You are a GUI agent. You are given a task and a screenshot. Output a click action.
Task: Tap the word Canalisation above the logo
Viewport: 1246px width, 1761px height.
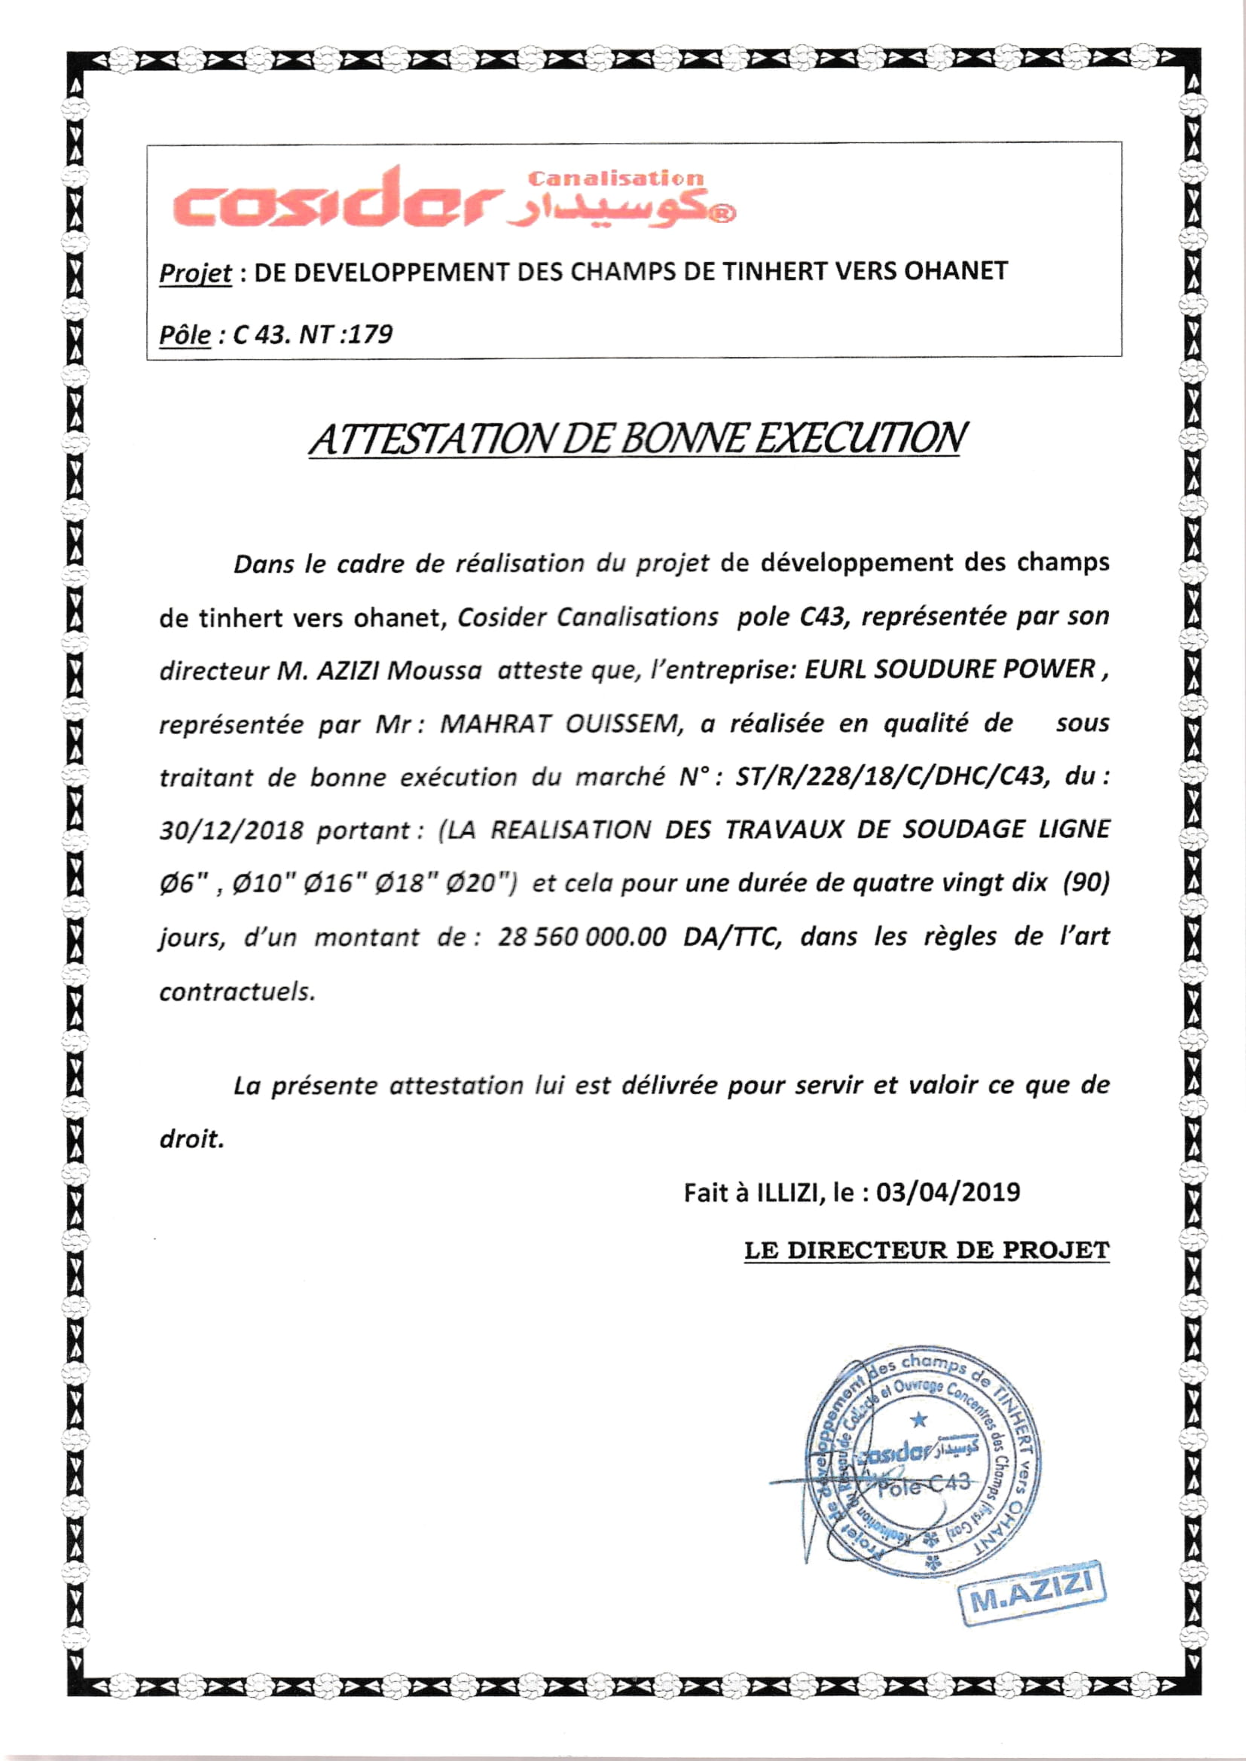tap(615, 178)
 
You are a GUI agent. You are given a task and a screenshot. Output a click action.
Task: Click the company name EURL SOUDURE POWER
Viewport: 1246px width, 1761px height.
tap(948, 669)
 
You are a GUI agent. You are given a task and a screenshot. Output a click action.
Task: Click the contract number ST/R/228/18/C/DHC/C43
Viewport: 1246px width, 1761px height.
tap(890, 777)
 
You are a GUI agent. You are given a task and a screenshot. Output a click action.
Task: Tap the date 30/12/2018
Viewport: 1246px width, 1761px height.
tap(232, 830)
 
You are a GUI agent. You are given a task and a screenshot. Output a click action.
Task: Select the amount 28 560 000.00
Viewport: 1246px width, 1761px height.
tap(582, 937)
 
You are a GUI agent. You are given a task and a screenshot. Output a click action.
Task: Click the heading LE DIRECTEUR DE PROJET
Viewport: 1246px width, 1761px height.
tap(927, 1251)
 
